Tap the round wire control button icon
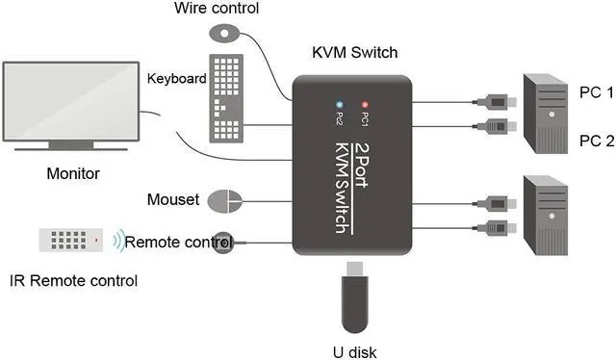coord(223,33)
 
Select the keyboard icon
coord(224,97)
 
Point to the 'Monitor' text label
coord(73,174)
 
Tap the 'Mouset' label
coord(173,200)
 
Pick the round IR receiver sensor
coord(223,242)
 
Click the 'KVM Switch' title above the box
coord(355,52)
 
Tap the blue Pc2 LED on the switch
coord(338,103)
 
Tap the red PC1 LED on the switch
coord(364,103)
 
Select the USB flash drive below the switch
coord(352,298)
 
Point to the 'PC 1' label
coord(595,92)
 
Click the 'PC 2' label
coord(595,141)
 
